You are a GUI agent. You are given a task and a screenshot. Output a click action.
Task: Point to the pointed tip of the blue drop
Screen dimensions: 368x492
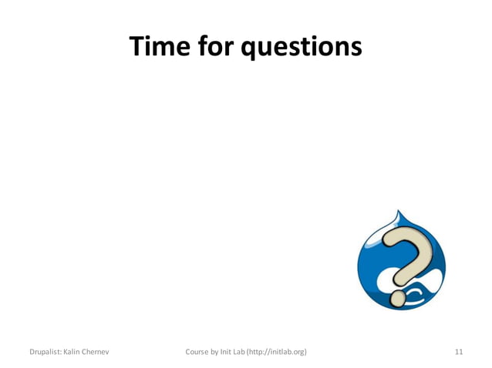point(398,212)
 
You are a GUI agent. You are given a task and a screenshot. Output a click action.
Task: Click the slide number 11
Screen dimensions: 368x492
point(459,352)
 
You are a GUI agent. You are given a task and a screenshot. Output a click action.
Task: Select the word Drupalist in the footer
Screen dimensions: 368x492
point(42,352)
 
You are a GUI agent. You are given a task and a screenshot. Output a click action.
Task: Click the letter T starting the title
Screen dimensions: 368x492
point(137,47)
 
